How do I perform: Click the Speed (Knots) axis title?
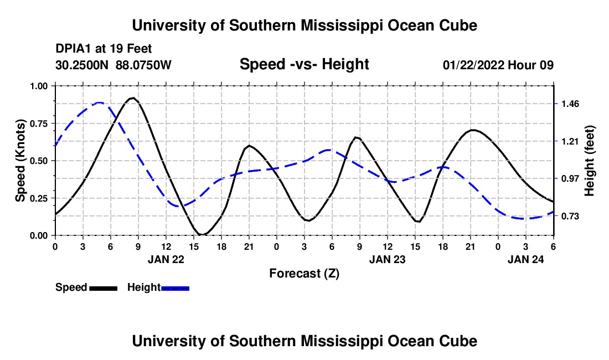[20, 161]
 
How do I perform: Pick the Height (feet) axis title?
[589, 161]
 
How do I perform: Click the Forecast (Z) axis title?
[304, 273]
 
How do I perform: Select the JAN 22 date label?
[166, 259]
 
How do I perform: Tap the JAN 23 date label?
[387, 259]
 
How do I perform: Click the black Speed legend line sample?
[103, 287]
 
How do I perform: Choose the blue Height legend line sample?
[176, 287]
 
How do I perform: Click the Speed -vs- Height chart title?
[304, 65]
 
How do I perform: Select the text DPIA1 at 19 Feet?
[104, 49]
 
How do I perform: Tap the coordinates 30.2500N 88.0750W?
[113, 65]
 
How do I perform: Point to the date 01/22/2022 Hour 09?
[498, 65]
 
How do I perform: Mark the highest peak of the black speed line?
[132, 98]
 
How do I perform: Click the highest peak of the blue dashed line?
[100, 102]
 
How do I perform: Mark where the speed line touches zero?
[203, 234]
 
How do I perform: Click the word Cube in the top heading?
[457, 25]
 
